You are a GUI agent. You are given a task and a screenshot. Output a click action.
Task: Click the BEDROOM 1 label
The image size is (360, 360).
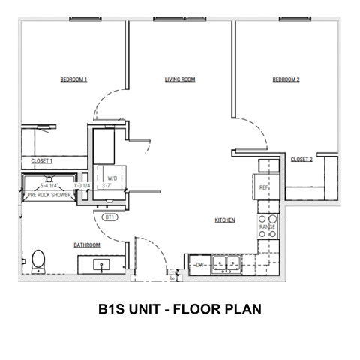pyautogui.click(x=74, y=79)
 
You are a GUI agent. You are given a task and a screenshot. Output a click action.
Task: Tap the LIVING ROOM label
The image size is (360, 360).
pyautogui.click(x=180, y=79)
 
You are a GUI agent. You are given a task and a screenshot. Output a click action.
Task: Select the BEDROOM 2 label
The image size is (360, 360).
pyautogui.click(x=286, y=79)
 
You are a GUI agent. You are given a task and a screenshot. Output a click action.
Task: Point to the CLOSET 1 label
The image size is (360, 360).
pyautogui.click(x=41, y=161)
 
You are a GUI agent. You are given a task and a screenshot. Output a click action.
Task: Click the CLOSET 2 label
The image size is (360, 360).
pyautogui.click(x=301, y=159)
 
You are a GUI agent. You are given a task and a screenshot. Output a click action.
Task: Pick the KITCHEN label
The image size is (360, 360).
pyautogui.click(x=226, y=220)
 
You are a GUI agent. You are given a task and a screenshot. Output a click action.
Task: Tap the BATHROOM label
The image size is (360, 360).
pyautogui.click(x=87, y=244)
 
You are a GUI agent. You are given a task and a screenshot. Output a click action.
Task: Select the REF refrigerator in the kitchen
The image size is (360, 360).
pyautogui.click(x=264, y=187)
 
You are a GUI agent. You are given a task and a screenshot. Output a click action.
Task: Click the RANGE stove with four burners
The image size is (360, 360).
pyautogui.click(x=267, y=226)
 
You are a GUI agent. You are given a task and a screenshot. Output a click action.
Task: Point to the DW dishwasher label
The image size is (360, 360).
pyautogui.click(x=199, y=265)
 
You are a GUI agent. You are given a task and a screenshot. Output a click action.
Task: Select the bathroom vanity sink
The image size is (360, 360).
pyautogui.click(x=99, y=265)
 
